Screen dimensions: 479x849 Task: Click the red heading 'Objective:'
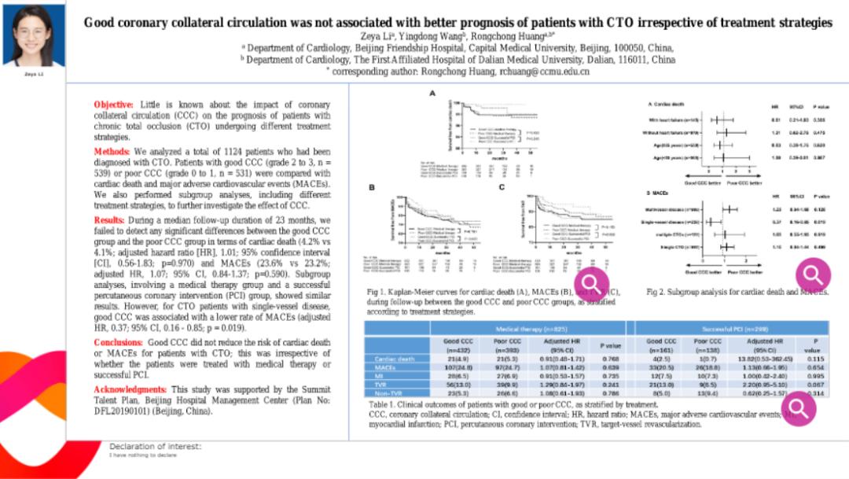[x=114, y=105]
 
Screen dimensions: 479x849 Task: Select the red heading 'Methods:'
[x=112, y=150]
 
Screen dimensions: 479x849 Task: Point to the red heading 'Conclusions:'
[x=119, y=343]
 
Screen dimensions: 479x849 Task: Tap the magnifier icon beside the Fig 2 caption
[x=812, y=274]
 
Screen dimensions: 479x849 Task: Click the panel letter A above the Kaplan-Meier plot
[x=432, y=93]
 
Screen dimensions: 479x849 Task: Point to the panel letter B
[x=373, y=186]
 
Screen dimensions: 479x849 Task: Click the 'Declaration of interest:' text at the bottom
[x=155, y=446]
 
